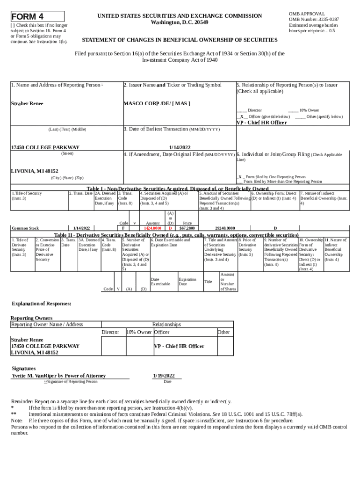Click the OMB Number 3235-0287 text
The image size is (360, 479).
click(314, 20)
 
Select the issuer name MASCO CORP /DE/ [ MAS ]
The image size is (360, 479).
click(157, 103)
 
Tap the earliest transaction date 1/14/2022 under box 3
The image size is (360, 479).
click(180, 147)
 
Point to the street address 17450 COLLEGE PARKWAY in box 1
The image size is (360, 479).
click(45, 147)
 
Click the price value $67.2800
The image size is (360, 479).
click(187, 228)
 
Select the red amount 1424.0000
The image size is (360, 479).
click(153, 228)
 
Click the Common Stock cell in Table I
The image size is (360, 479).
click(25, 228)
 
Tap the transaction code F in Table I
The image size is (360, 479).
click(123, 228)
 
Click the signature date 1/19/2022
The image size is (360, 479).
click(164, 376)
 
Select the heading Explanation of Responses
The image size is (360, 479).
click(42, 304)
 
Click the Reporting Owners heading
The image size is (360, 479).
click(32, 318)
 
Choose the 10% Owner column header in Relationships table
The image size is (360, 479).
click(139, 332)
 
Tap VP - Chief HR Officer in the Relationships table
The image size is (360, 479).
click(179, 346)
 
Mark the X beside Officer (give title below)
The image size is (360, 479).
click(242, 116)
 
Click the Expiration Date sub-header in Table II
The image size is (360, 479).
click(187, 282)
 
